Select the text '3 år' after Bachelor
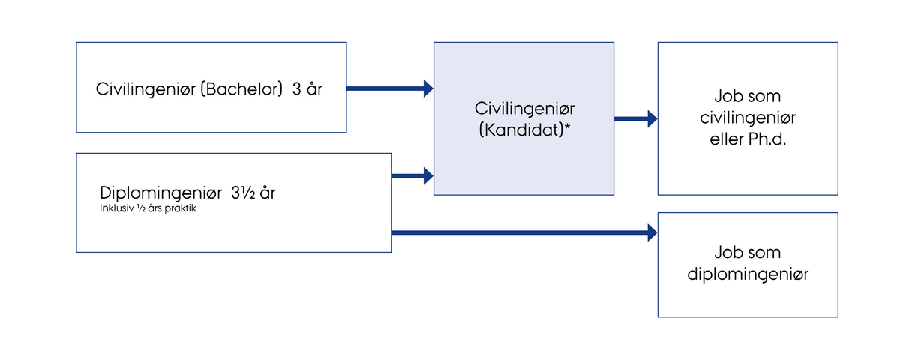[307, 88]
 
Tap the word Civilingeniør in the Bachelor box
[141, 88]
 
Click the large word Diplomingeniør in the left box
[155, 193]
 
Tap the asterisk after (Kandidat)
[567, 127]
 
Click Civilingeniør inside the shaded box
[523, 108]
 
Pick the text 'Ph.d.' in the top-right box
[767, 139]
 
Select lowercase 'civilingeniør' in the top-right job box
[748, 118]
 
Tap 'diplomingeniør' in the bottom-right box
[748, 274]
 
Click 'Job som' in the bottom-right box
[748, 253]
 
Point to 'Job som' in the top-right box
[748, 97]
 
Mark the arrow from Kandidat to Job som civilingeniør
[634, 118]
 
